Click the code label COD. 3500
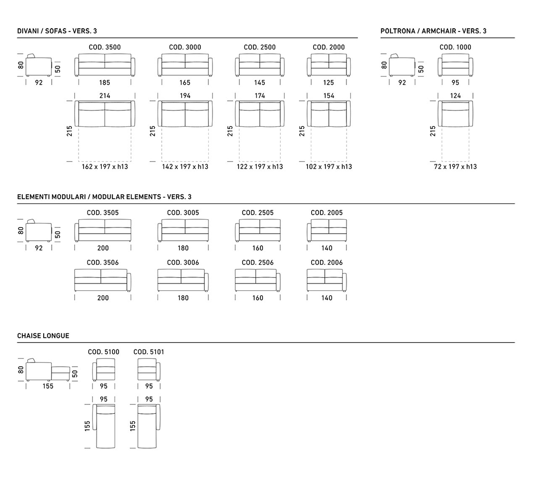(x=105, y=47)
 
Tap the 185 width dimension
(x=105, y=82)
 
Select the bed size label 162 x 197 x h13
(x=105, y=166)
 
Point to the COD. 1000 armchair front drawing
(x=455, y=65)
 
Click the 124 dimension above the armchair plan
(x=455, y=96)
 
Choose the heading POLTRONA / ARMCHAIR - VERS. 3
(x=433, y=31)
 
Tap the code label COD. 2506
(x=258, y=262)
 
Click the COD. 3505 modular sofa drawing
(x=103, y=231)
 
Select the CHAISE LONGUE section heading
(x=43, y=336)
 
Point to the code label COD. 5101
(x=149, y=352)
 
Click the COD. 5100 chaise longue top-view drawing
(x=104, y=426)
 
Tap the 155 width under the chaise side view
(x=48, y=386)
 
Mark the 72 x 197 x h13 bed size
(x=455, y=166)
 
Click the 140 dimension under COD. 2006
(x=327, y=298)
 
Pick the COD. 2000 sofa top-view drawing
(x=329, y=114)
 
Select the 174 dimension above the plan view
(x=260, y=96)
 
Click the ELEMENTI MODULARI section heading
(x=104, y=197)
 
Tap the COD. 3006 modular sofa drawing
(x=183, y=280)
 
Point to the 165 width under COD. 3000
(x=185, y=82)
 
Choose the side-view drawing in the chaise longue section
(x=48, y=370)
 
